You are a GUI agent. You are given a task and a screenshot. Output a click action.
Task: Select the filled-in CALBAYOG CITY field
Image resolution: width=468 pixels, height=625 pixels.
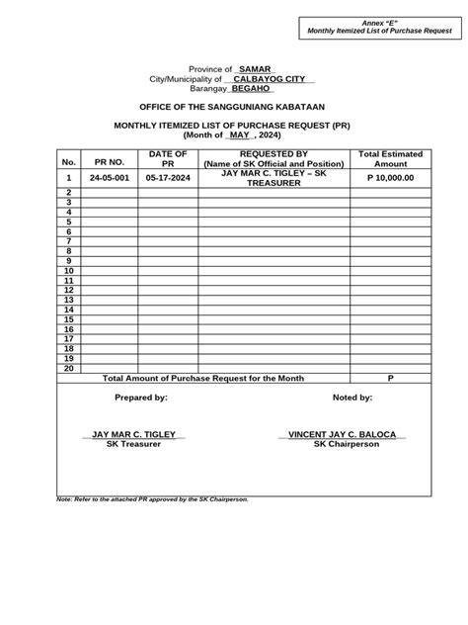point(269,78)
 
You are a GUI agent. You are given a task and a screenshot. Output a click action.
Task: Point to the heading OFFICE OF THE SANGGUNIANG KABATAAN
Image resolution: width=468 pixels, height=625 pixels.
point(234,106)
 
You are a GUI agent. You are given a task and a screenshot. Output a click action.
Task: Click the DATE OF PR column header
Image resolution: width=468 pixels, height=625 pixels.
point(167,159)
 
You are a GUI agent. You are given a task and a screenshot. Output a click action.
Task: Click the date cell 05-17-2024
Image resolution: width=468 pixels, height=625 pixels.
point(167,178)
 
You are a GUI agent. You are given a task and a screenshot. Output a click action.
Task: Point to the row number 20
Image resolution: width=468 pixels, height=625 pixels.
point(69,368)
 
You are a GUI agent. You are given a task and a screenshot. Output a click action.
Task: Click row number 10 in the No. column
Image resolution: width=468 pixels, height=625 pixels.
point(69,271)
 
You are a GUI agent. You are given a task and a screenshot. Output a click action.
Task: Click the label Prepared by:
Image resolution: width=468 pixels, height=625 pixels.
point(141,398)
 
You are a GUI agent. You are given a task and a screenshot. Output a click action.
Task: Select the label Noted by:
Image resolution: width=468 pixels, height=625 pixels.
point(351,398)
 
